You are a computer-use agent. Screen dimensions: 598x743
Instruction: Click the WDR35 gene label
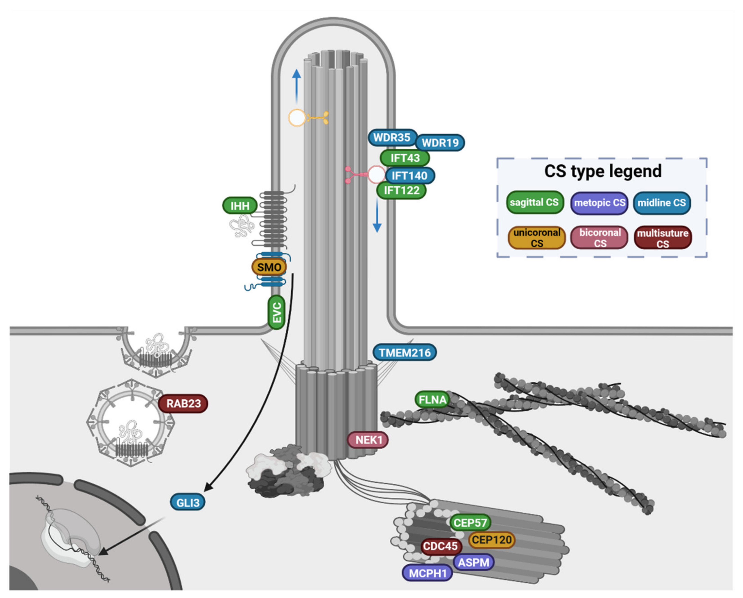tap(392, 138)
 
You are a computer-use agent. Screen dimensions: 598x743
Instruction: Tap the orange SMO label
tap(269, 267)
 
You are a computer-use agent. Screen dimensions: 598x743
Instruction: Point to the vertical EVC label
tap(277, 312)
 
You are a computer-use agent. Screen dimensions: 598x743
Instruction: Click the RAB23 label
tap(183, 403)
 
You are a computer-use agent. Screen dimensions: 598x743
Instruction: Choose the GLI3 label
tap(188, 503)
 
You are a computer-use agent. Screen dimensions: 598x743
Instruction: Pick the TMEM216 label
tap(405, 353)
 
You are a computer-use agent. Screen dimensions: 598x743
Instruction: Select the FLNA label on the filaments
tap(432, 399)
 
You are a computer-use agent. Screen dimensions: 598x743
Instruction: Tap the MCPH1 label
tap(427, 573)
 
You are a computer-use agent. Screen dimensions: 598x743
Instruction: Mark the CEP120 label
tap(492, 539)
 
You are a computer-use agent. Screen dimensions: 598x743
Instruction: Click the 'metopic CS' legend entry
tap(599, 203)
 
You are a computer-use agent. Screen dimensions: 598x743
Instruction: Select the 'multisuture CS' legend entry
tap(662, 238)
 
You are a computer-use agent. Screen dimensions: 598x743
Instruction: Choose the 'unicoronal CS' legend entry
tap(537, 238)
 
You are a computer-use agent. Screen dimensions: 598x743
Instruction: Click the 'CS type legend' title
tap(603, 171)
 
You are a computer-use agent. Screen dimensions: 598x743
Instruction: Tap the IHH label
tap(240, 206)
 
